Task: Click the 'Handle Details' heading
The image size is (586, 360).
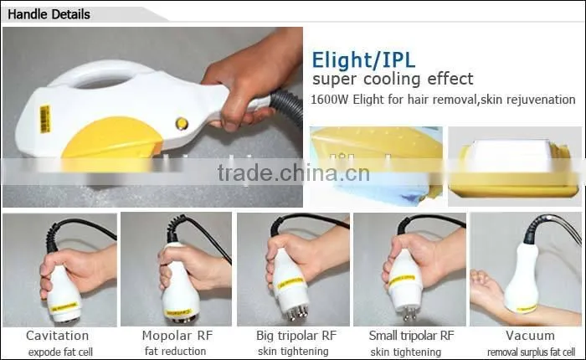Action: tap(49, 14)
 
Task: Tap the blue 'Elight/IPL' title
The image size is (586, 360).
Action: tap(363, 60)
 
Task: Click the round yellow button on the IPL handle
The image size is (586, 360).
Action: tap(182, 123)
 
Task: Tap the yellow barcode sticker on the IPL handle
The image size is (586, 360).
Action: tap(45, 119)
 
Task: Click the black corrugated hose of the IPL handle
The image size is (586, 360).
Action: tap(288, 105)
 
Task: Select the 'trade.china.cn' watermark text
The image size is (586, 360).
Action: tap(293, 172)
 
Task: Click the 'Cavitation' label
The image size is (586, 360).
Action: tap(57, 336)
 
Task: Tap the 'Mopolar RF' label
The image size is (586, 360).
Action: tap(177, 336)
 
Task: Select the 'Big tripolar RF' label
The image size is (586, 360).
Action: tap(296, 336)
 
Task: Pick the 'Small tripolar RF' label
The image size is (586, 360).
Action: tap(412, 336)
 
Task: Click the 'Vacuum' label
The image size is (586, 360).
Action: tap(530, 336)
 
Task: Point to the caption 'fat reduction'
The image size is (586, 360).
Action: tap(175, 352)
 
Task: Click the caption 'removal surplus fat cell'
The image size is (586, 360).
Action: tap(531, 352)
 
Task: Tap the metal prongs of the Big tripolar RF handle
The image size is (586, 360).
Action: tap(297, 312)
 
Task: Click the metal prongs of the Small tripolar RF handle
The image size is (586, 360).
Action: tap(409, 313)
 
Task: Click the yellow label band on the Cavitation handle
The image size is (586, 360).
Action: tap(64, 307)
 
